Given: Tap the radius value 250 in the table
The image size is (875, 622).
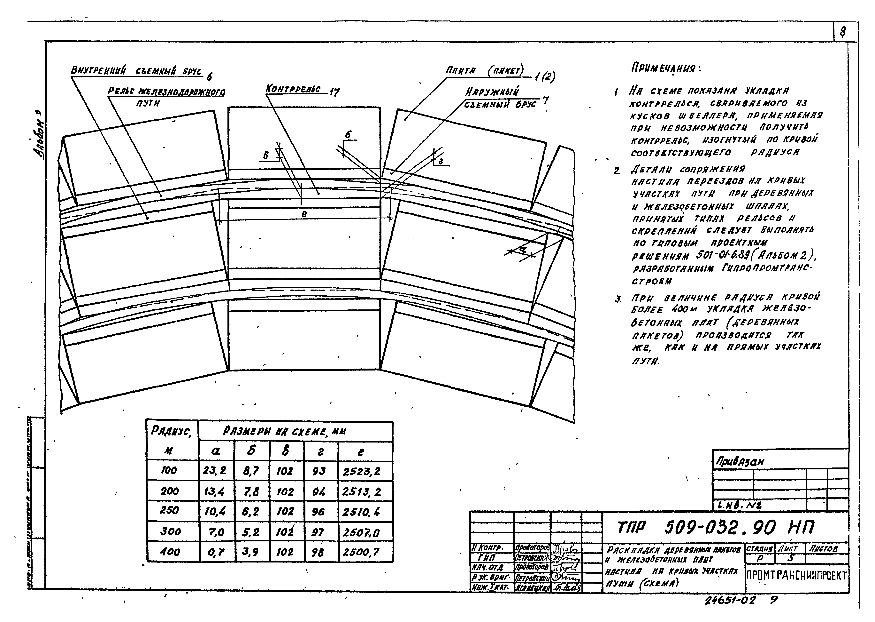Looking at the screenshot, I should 169,511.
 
